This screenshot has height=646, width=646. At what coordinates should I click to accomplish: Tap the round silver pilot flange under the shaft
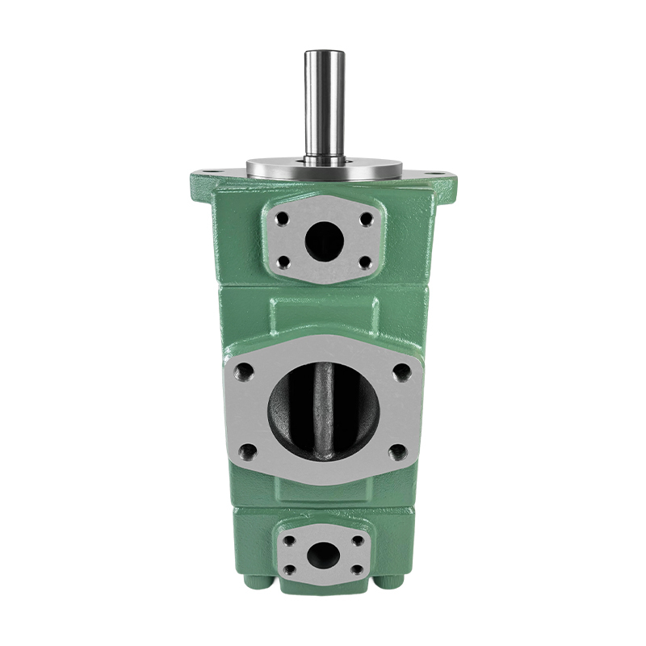click(x=324, y=169)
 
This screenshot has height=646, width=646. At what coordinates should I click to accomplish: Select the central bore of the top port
click(x=324, y=239)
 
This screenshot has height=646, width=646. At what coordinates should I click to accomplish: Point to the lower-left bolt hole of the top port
click(x=283, y=262)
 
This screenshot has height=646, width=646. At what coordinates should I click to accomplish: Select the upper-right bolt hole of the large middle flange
click(x=401, y=372)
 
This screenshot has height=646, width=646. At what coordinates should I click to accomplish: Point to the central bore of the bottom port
click(x=324, y=555)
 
